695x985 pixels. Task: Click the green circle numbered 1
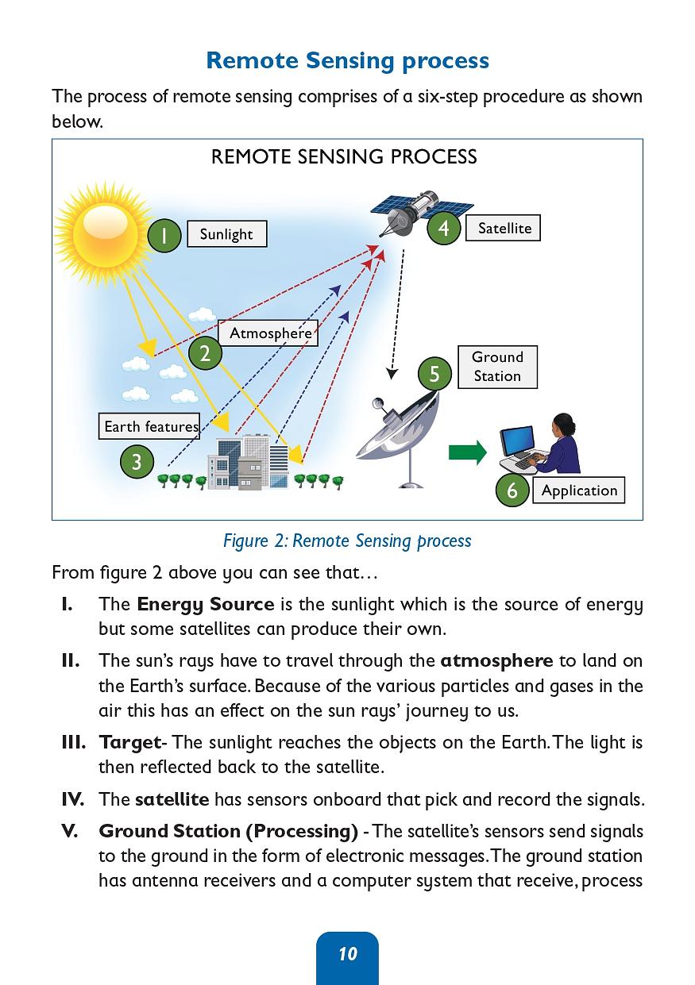tap(164, 236)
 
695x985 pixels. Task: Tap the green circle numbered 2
tap(205, 353)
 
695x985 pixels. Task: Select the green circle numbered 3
tap(137, 462)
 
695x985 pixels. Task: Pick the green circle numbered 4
tap(444, 228)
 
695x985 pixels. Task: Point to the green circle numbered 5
tap(434, 373)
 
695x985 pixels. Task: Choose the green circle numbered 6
tap(512, 490)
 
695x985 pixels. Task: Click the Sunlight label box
tap(226, 233)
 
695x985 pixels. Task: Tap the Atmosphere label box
tap(268, 333)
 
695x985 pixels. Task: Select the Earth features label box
tap(149, 425)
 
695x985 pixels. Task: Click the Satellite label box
tap(503, 228)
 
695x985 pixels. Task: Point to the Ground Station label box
tap(497, 367)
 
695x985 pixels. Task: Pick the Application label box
tap(579, 490)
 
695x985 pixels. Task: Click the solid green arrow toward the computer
tap(468, 452)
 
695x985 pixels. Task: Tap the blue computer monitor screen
tap(518, 441)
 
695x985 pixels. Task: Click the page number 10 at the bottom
tap(348, 953)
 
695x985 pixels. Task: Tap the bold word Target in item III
tap(129, 742)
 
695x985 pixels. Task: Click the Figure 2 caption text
tap(347, 541)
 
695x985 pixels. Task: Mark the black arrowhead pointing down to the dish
tap(392, 374)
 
